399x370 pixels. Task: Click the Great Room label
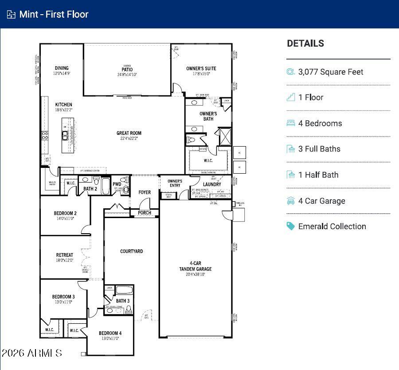[x=129, y=133]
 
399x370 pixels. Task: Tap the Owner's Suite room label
[x=201, y=68]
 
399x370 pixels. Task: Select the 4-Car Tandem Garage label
[x=195, y=266]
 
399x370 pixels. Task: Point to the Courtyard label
[x=132, y=251]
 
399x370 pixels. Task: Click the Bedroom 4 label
[x=110, y=333]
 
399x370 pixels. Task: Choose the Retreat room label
[x=65, y=255]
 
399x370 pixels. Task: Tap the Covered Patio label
[x=127, y=69]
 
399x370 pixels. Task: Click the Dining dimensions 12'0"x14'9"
[x=62, y=73]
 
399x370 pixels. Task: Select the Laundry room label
[x=212, y=184]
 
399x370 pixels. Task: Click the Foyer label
[x=145, y=192]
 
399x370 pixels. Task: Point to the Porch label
[x=145, y=213]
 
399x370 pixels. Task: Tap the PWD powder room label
[x=117, y=184]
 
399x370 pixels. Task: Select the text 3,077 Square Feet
[x=331, y=72]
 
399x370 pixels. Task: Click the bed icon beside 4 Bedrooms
[x=291, y=123]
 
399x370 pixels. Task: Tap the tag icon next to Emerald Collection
[x=291, y=226]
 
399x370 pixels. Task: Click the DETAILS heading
[x=305, y=44]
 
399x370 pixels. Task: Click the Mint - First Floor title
[x=54, y=14]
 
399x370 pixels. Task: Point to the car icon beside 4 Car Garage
[x=291, y=201]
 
